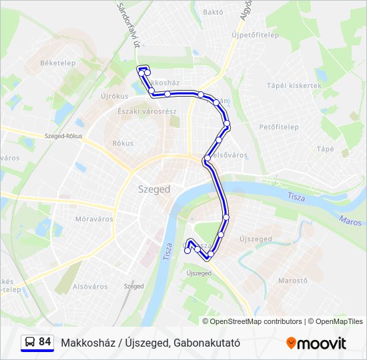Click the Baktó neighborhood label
point(212,12)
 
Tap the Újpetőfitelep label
point(255,35)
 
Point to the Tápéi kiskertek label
point(294,86)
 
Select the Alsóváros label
point(90,287)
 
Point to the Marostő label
point(293,281)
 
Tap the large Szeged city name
point(154,189)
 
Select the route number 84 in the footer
point(45,342)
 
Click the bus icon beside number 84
point(30,342)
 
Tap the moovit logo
point(316,343)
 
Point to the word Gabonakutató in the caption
point(206,343)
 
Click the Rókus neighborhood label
point(123,143)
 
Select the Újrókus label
point(113,96)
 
